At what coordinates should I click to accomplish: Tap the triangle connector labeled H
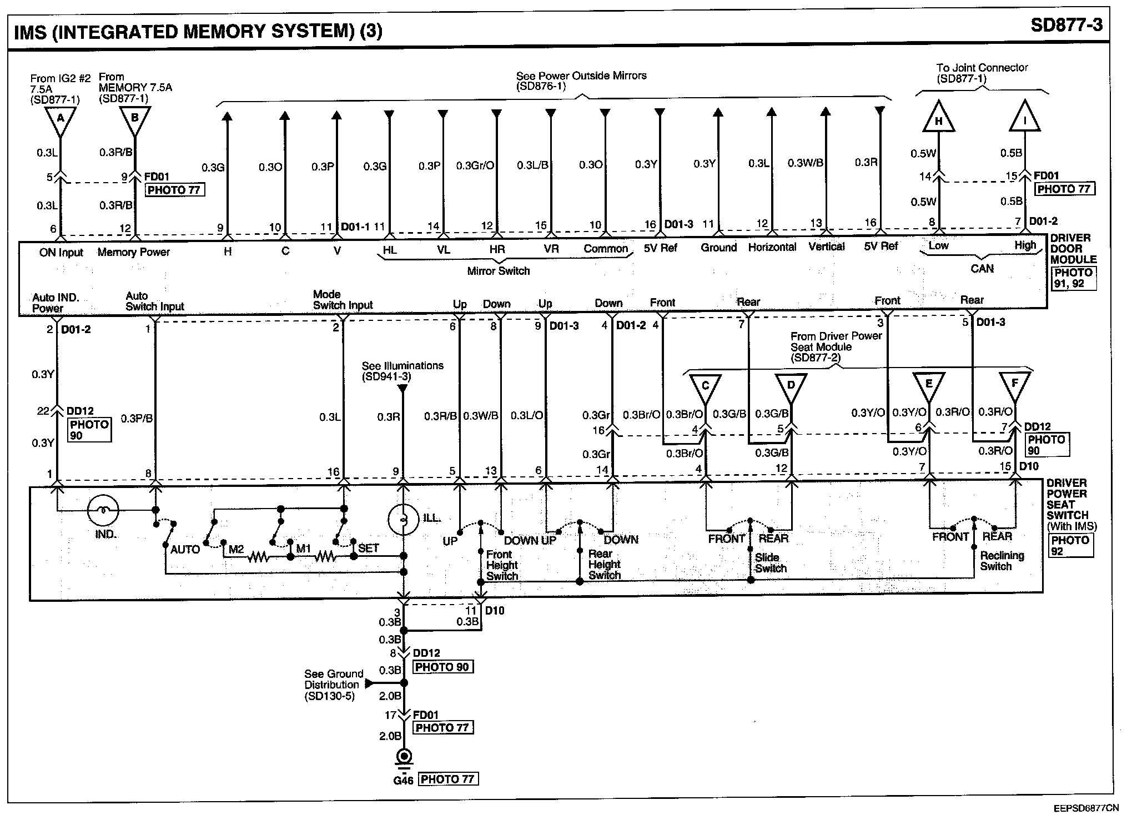click(x=938, y=118)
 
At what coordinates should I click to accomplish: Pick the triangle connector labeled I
click(x=1024, y=118)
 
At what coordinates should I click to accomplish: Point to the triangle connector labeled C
click(x=705, y=388)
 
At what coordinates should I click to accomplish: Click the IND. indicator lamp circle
click(x=103, y=510)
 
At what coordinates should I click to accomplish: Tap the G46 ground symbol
click(x=404, y=757)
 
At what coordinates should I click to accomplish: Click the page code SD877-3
click(x=1066, y=26)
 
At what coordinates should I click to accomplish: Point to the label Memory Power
click(x=133, y=253)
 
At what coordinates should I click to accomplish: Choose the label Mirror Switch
click(x=498, y=271)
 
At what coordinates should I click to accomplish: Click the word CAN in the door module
click(x=982, y=269)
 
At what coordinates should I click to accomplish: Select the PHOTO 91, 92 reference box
click(x=1073, y=278)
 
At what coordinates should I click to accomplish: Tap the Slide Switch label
click(x=771, y=563)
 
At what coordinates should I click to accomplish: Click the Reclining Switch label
click(x=1002, y=561)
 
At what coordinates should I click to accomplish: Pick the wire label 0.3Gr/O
click(x=475, y=165)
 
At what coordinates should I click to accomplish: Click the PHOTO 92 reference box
click(x=1070, y=545)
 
